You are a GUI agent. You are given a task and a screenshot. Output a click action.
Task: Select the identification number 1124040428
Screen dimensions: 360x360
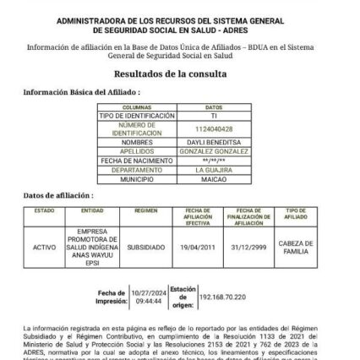(213, 129)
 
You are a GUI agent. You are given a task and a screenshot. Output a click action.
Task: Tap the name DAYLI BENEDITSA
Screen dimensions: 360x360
(213, 142)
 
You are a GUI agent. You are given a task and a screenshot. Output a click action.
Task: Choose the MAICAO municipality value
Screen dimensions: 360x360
(213, 179)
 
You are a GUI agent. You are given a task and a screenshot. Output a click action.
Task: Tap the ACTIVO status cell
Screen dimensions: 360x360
(44, 248)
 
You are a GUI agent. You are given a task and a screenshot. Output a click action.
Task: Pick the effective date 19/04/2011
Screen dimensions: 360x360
(197, 248)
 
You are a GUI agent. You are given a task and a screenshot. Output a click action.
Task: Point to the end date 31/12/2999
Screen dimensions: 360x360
(248, 248)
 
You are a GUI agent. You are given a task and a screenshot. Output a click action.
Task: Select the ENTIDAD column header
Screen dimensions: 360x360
(93, 210)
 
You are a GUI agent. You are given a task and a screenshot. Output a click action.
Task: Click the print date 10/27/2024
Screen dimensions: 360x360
(148, 292)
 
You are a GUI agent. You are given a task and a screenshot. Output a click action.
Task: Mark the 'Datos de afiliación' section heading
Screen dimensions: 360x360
(63, 195)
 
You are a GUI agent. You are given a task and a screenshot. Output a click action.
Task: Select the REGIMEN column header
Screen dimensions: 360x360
(145, 210)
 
